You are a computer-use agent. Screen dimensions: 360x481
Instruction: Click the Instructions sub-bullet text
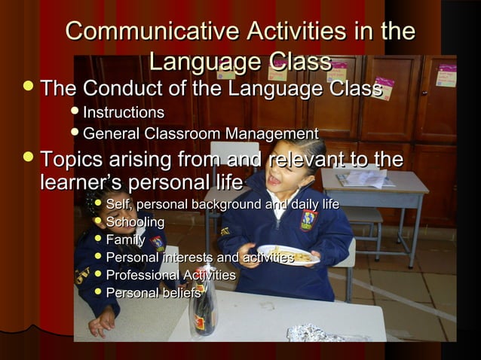point(123,113)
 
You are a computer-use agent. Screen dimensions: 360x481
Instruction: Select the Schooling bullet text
point(135,222)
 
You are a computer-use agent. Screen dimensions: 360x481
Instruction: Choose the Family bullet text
point(125,240)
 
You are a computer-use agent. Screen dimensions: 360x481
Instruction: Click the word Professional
point(140,275)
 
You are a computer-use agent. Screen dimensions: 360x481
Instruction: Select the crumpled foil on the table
point(309,333)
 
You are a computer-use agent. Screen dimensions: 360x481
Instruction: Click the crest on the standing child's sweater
point(308,220)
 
